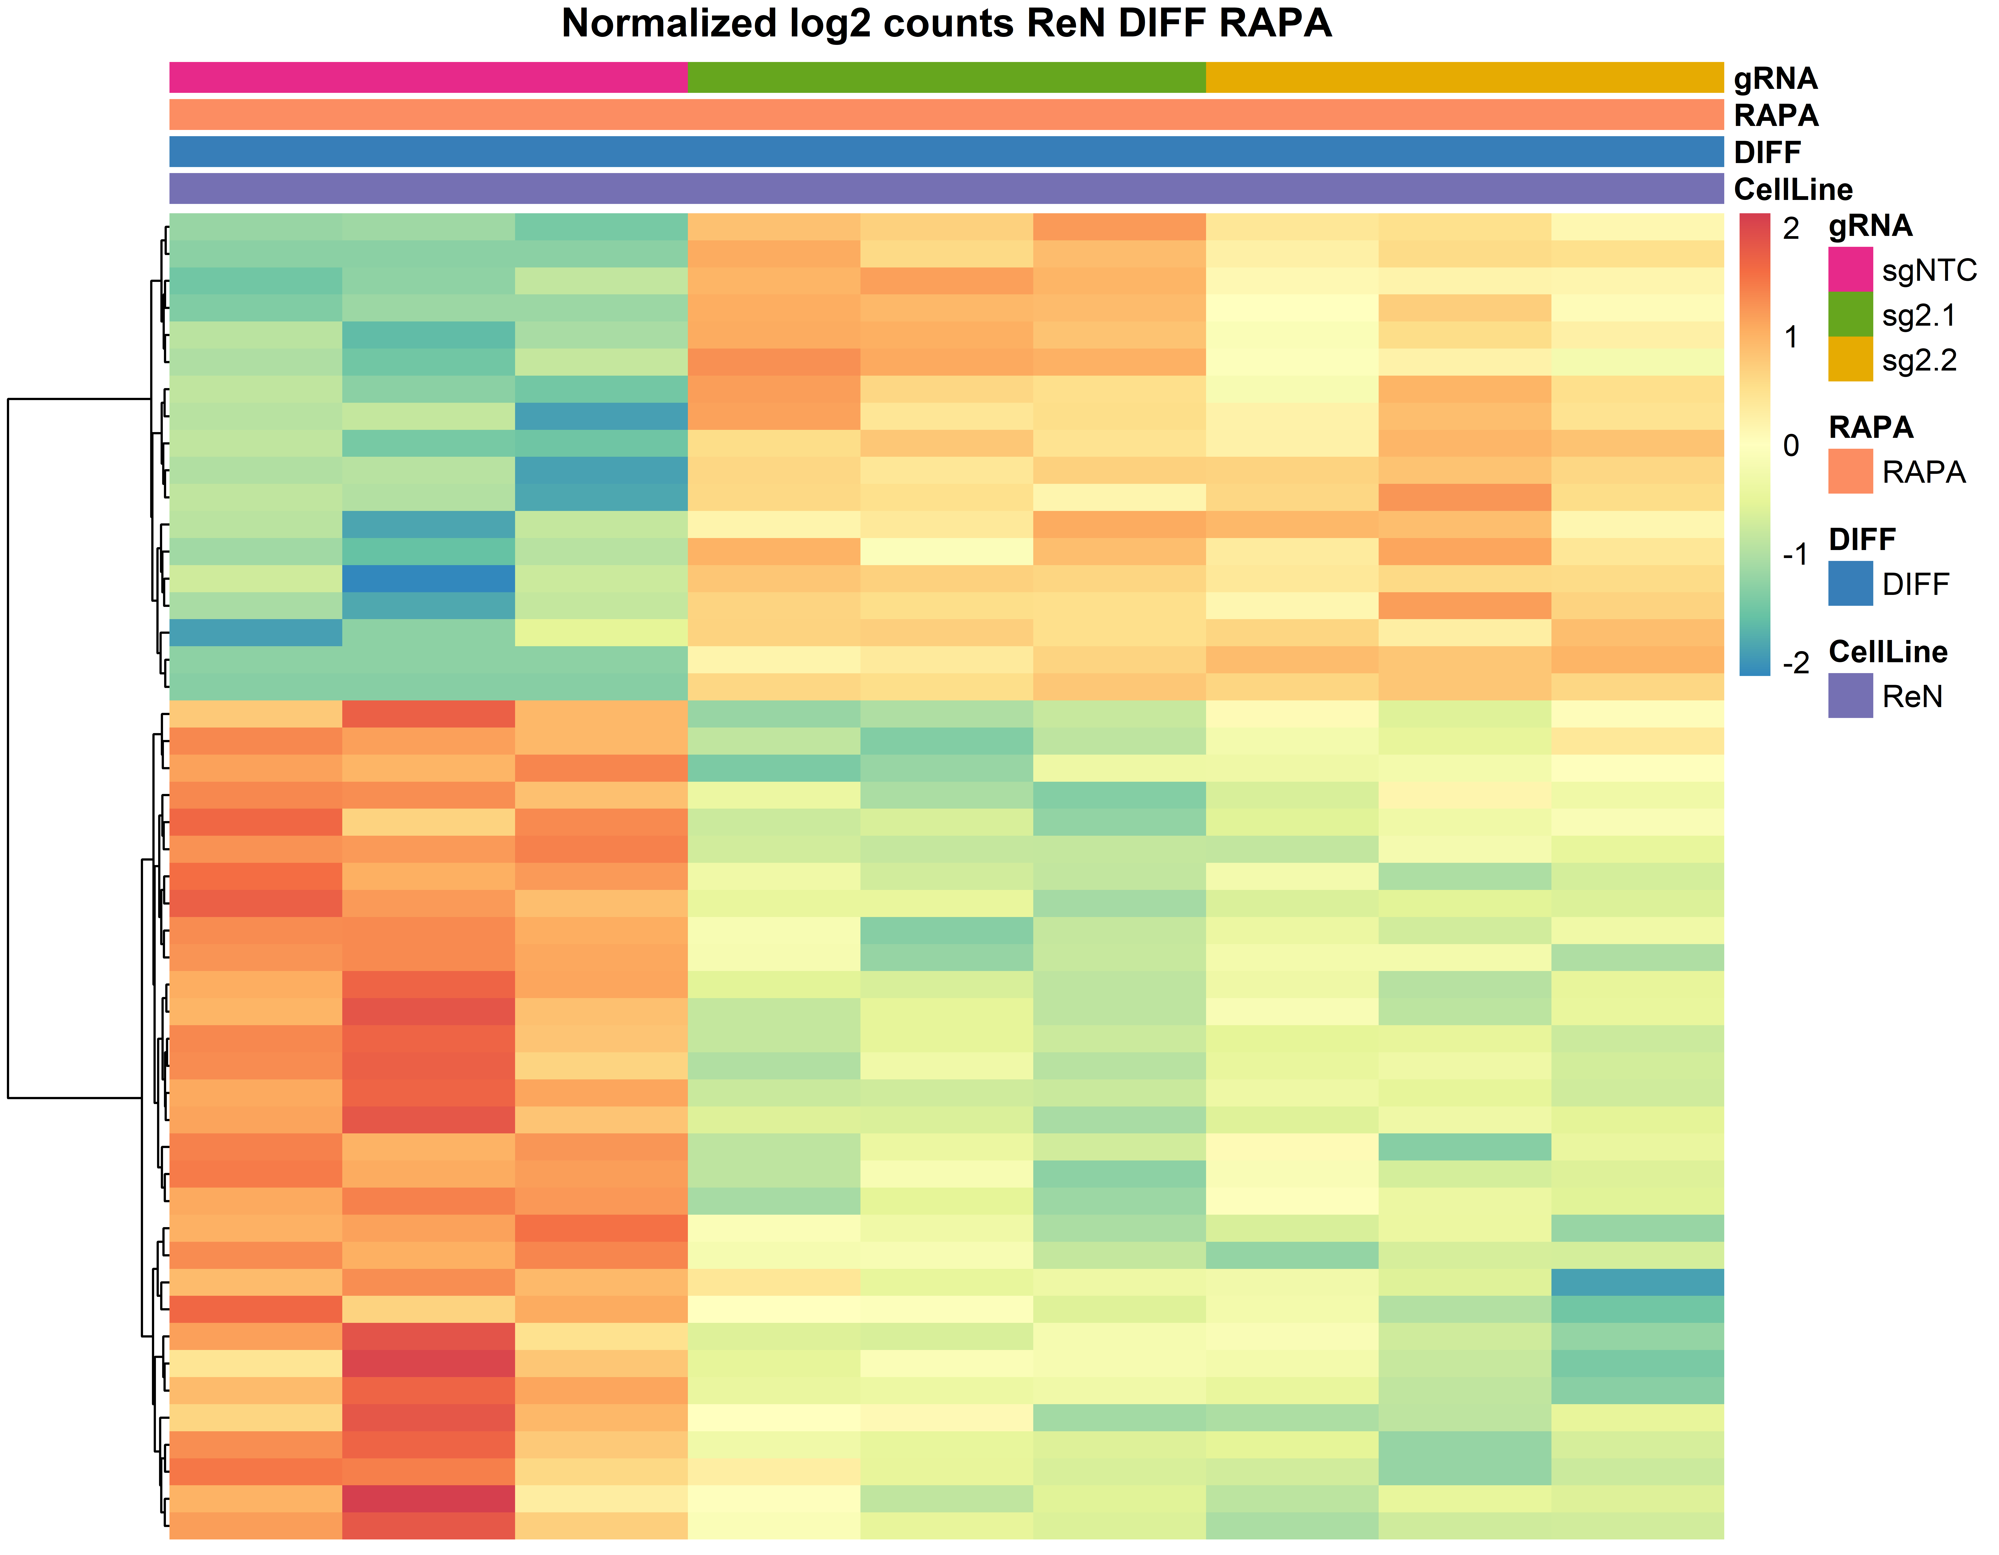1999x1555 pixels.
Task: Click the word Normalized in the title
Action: (x=668, y=24)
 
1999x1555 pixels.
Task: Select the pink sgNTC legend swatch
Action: (x=1850, y=269)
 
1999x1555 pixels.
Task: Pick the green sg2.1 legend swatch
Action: (x=1850, y=314)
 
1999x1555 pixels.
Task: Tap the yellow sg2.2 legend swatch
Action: (x=1850, y=359)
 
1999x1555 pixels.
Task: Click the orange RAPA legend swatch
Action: (x=1850, y=471)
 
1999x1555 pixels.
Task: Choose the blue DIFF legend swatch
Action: (x=1850, y=583)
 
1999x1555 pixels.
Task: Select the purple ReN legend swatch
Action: (x=1850, y=696)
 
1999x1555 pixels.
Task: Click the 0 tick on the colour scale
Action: (x=1791, y=446)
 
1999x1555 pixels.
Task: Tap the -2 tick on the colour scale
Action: (x=1795, y=663)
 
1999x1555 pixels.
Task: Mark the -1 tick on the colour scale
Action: (x=1795, y=555)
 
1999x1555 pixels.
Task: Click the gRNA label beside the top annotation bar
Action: (x=1775, y=79)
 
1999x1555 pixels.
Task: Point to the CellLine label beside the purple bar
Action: (x=1792, y=189)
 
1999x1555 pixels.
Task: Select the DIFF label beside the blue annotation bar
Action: (x=1766, y=152)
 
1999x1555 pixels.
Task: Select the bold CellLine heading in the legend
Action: (x=1887, y=652)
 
